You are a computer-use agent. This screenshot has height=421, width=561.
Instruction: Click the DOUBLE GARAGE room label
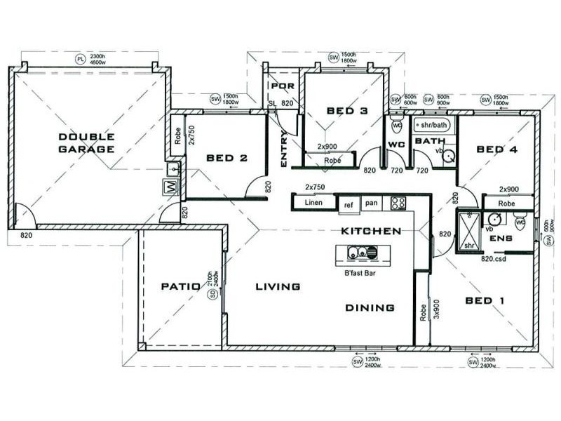87,143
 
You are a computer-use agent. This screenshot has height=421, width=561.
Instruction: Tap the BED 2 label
227,159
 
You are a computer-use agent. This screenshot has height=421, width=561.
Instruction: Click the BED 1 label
485,300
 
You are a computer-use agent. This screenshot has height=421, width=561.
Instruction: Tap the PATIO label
181,286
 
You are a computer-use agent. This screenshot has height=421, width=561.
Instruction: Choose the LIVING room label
278,286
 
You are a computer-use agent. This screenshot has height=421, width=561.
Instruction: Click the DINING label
370,307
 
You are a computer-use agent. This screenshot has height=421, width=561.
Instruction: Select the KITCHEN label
371,231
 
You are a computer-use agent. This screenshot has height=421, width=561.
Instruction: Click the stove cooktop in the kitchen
398,203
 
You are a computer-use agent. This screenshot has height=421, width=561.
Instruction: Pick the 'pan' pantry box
371,203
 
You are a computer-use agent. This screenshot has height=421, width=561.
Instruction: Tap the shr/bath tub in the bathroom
432,126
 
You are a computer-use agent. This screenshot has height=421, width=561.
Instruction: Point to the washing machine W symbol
170,187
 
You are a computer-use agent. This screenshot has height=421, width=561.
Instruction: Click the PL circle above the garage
80,58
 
